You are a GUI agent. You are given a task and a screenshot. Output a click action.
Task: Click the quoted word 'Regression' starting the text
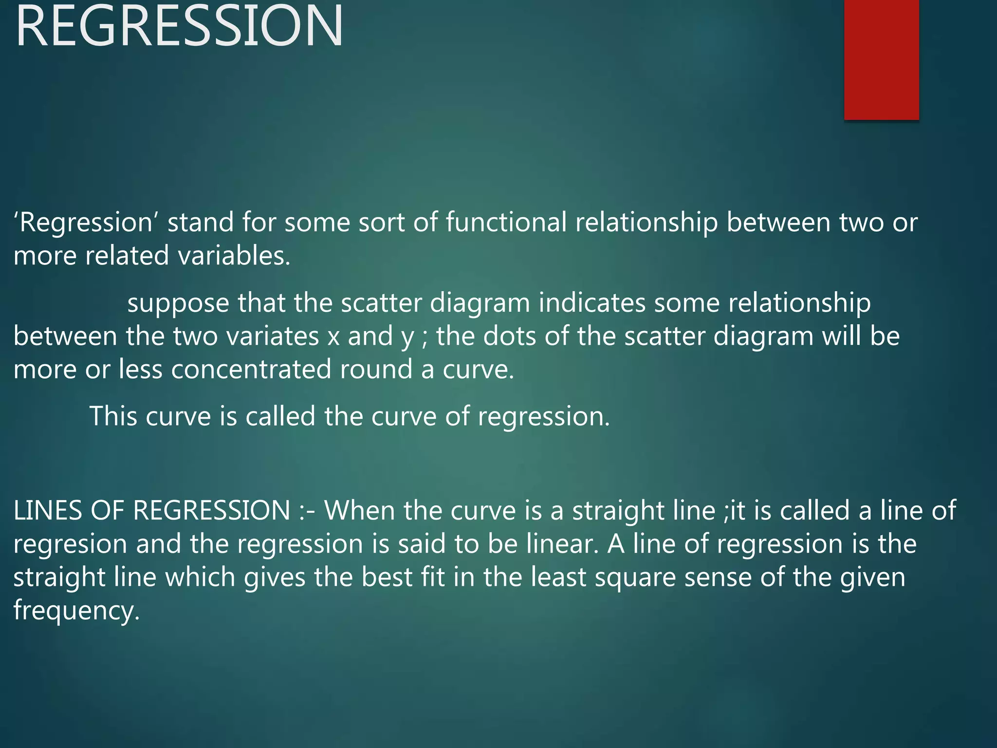(86, 223)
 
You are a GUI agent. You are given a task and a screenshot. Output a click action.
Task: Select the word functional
(506, 223)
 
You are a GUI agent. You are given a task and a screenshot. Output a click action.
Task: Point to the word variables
(234, 256)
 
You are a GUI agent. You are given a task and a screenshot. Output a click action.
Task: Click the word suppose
(178, 303)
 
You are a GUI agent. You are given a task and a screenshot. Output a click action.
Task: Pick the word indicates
(591, 303)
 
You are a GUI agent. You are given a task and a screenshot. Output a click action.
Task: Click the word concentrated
(251, 370)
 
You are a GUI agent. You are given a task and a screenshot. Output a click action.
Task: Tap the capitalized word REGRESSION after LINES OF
(212, 511)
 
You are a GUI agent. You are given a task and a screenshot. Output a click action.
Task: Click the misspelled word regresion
(70, 544)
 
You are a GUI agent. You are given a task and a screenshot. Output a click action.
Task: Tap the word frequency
(76, 611)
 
